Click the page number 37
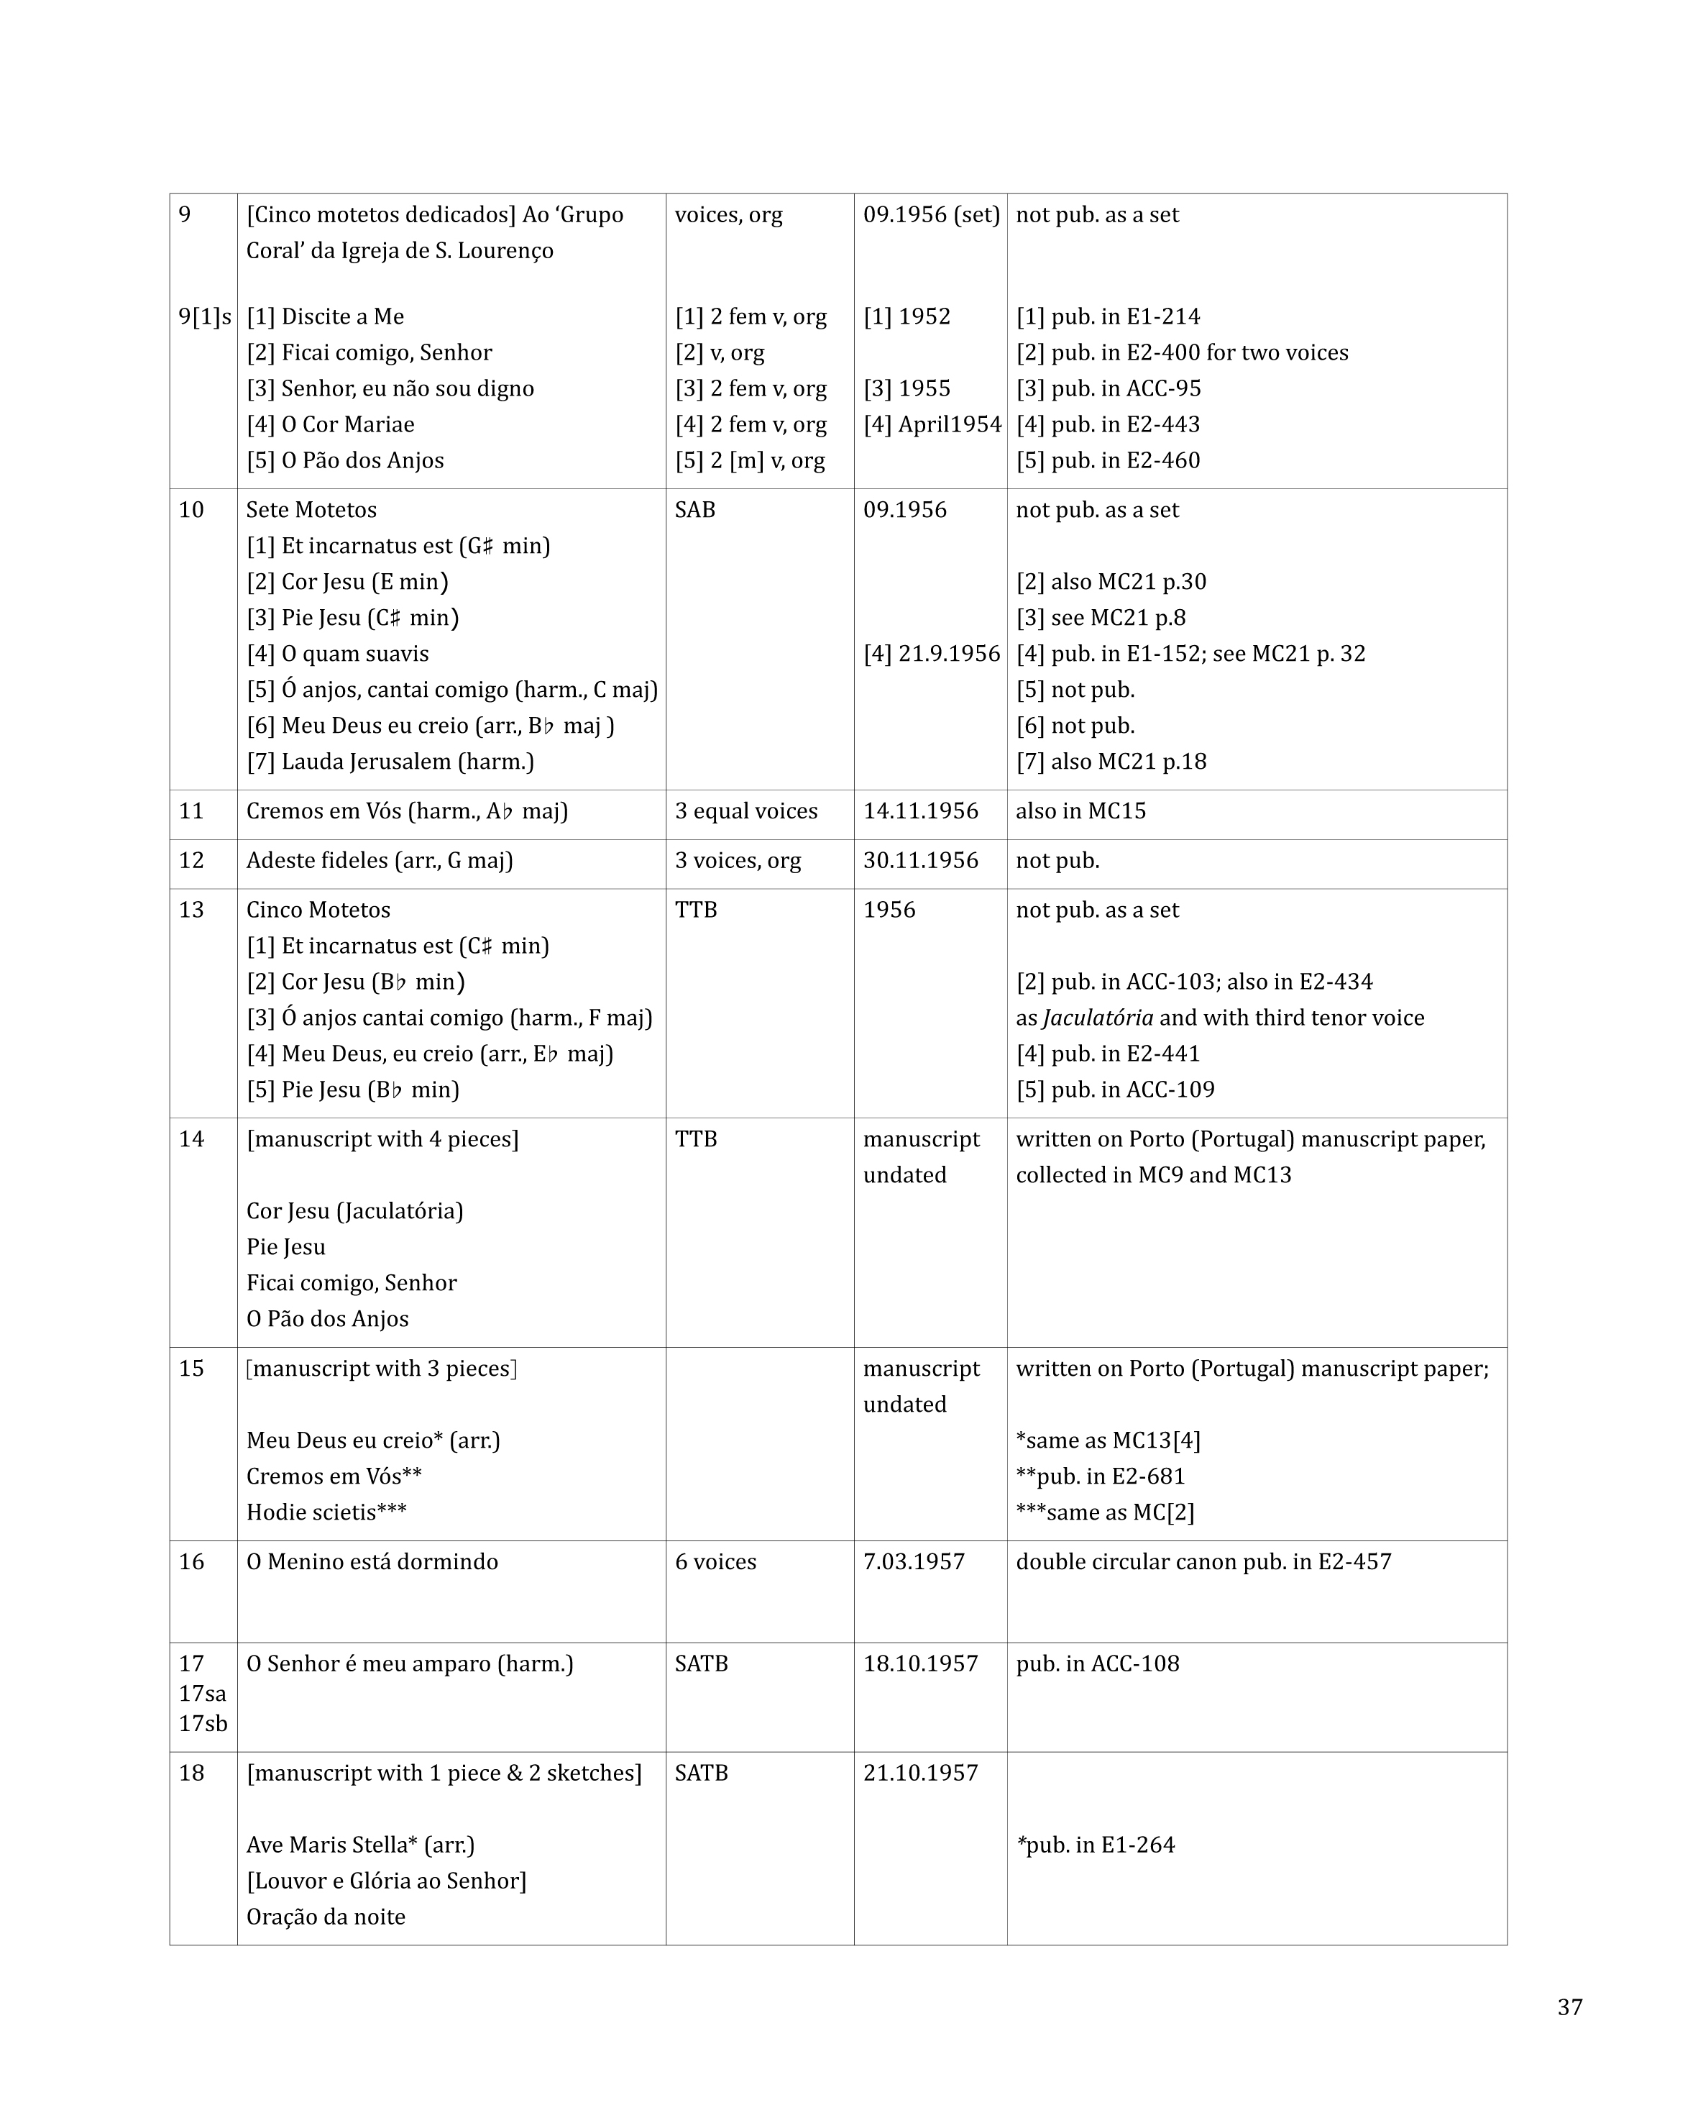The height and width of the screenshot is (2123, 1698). click(x=1569, y=2006)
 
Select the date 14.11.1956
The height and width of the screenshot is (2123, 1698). click(x=920, y=811)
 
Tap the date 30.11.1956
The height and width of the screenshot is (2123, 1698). click(x=920, y=861)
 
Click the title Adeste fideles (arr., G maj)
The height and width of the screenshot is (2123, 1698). click(x=379, y=861)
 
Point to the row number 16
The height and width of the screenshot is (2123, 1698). click(x=191, y=1562)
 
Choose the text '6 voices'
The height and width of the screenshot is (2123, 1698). click(x=715, y=1562)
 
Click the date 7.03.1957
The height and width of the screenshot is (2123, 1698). click(x=914, y=1562)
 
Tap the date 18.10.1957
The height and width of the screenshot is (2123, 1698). click(x=920, y=1663)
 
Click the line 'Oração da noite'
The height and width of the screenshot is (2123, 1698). click(x=326, y=1916)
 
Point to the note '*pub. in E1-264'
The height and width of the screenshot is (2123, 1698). click(x=1096, y=1845)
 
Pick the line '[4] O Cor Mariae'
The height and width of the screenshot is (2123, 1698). click(x=331, y=424)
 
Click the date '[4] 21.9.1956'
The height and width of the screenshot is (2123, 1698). click(x=931, y=654)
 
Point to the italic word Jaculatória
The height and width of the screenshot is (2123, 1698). click(x=1098, y=1018)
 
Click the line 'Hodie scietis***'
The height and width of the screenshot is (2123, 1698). click(x=326, y=1512)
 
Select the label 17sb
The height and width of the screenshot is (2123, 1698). click(x=203, y=1723)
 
